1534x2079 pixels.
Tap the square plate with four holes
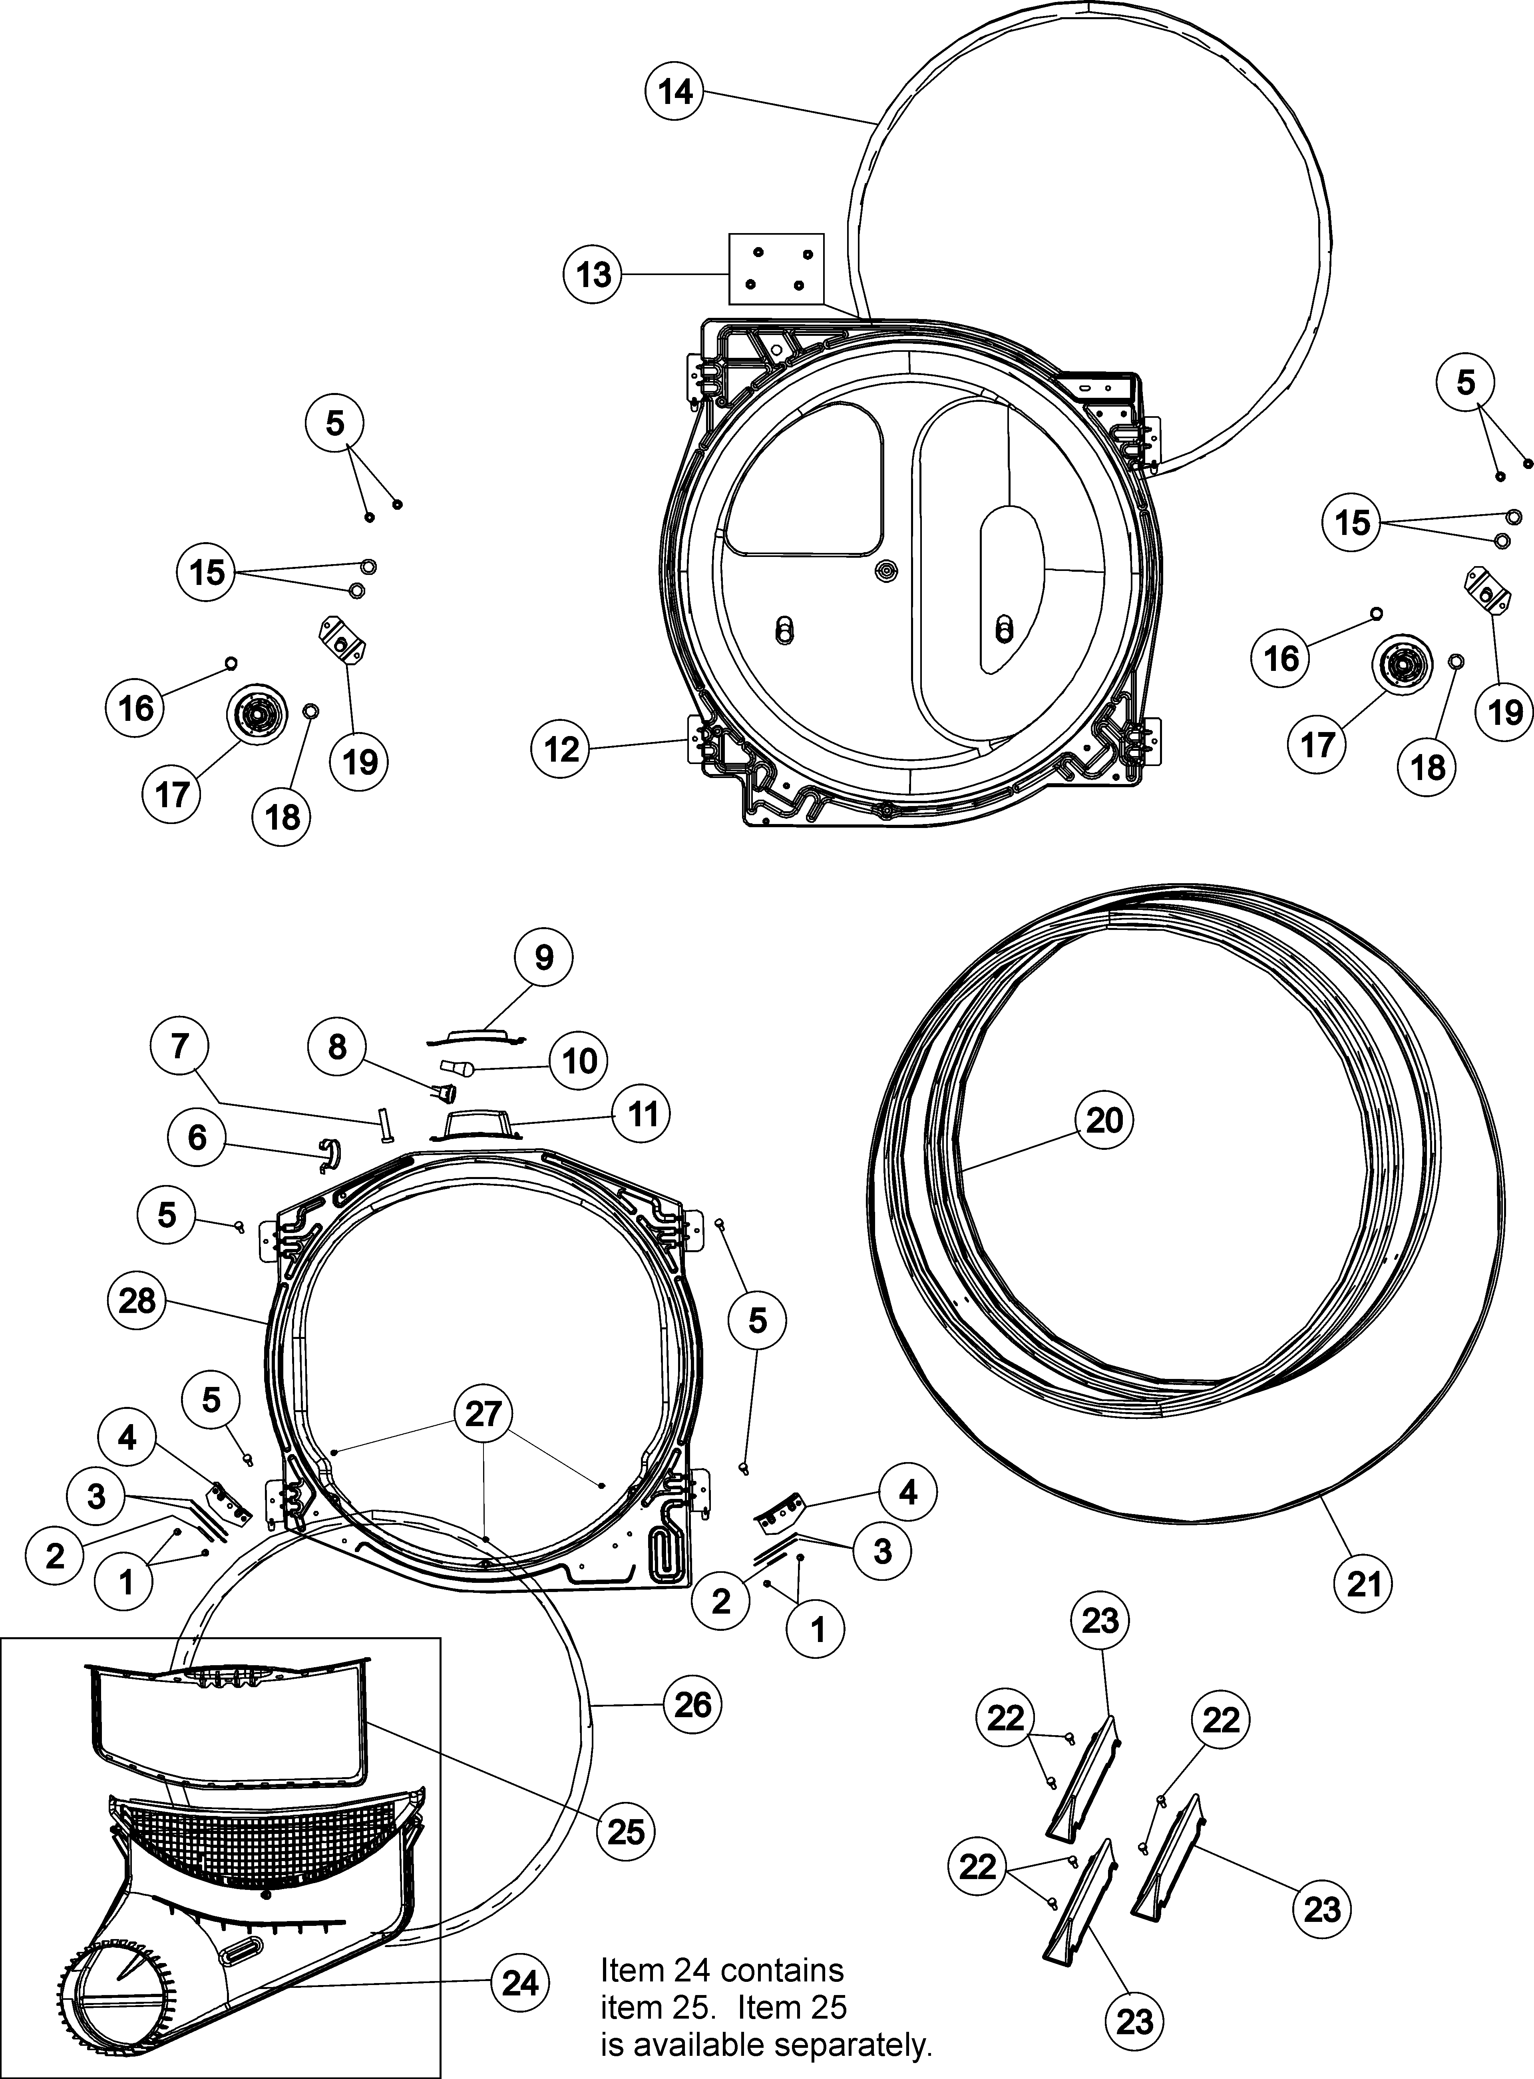(776, 268)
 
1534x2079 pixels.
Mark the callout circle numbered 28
(137, 1301)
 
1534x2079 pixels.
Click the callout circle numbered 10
(579, 1060)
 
